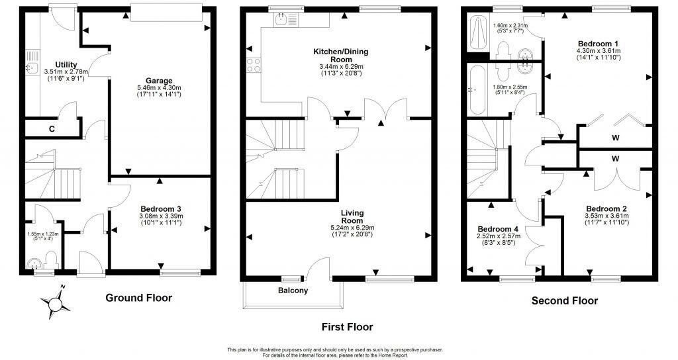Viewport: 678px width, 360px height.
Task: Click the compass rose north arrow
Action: (x=56, y=303)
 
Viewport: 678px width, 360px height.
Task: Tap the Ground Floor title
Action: (x=139, y=298)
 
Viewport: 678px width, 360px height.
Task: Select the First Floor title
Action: (x=346, y=327)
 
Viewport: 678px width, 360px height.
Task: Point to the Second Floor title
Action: (x=565, y=301)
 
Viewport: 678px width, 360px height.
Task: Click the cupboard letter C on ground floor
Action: (x=51, y=128)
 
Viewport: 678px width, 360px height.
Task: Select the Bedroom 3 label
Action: (x=160, y=208)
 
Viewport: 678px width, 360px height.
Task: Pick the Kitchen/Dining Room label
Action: (x=342, y=51)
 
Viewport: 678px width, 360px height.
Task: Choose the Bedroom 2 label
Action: (x=605, y=206)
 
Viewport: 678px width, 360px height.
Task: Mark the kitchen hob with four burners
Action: (x=254, y=65)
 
